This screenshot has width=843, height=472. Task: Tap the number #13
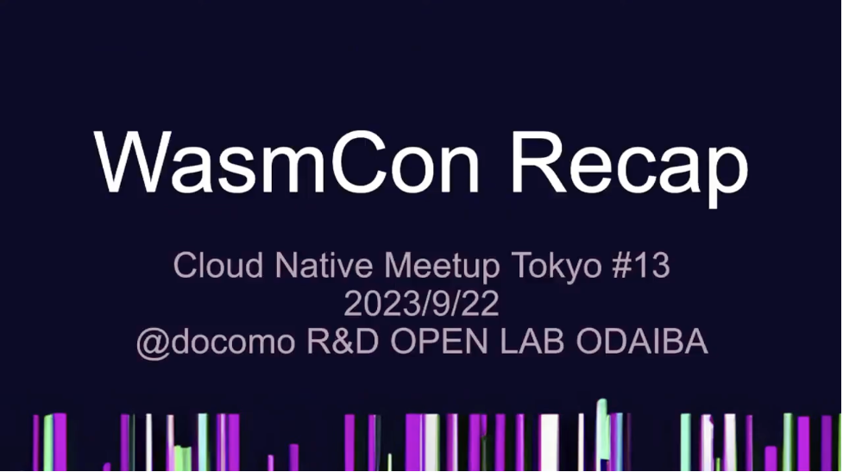coord(641,266)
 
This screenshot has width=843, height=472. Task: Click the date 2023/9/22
coord(421,304)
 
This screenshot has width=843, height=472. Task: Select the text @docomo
coord(215,343)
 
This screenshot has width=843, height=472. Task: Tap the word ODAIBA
coord(642,343)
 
